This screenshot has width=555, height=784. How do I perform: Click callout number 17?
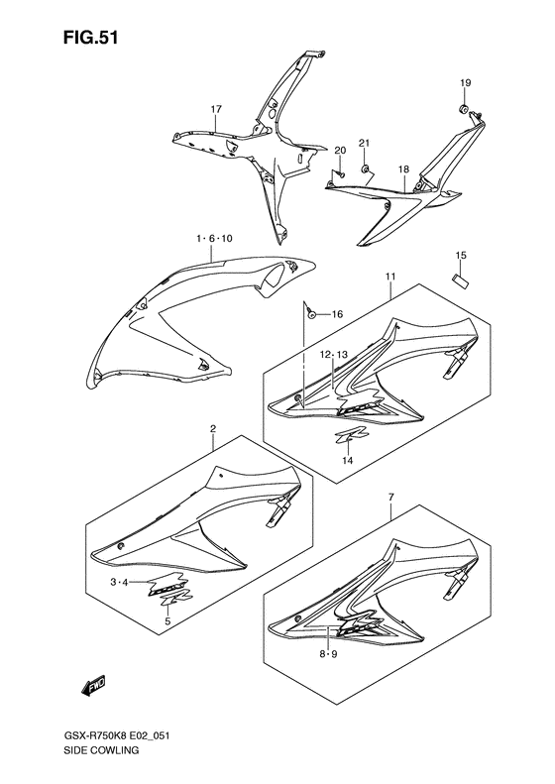214,109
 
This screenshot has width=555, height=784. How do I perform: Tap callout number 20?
339,151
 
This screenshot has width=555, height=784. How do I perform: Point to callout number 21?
364,144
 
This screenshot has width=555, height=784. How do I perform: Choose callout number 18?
403,169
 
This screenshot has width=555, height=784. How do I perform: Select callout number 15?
460,256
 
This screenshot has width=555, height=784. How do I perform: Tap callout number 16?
336,314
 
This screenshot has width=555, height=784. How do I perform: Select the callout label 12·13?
334,354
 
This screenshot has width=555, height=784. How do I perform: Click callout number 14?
347,460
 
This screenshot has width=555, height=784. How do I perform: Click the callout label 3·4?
120,583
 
